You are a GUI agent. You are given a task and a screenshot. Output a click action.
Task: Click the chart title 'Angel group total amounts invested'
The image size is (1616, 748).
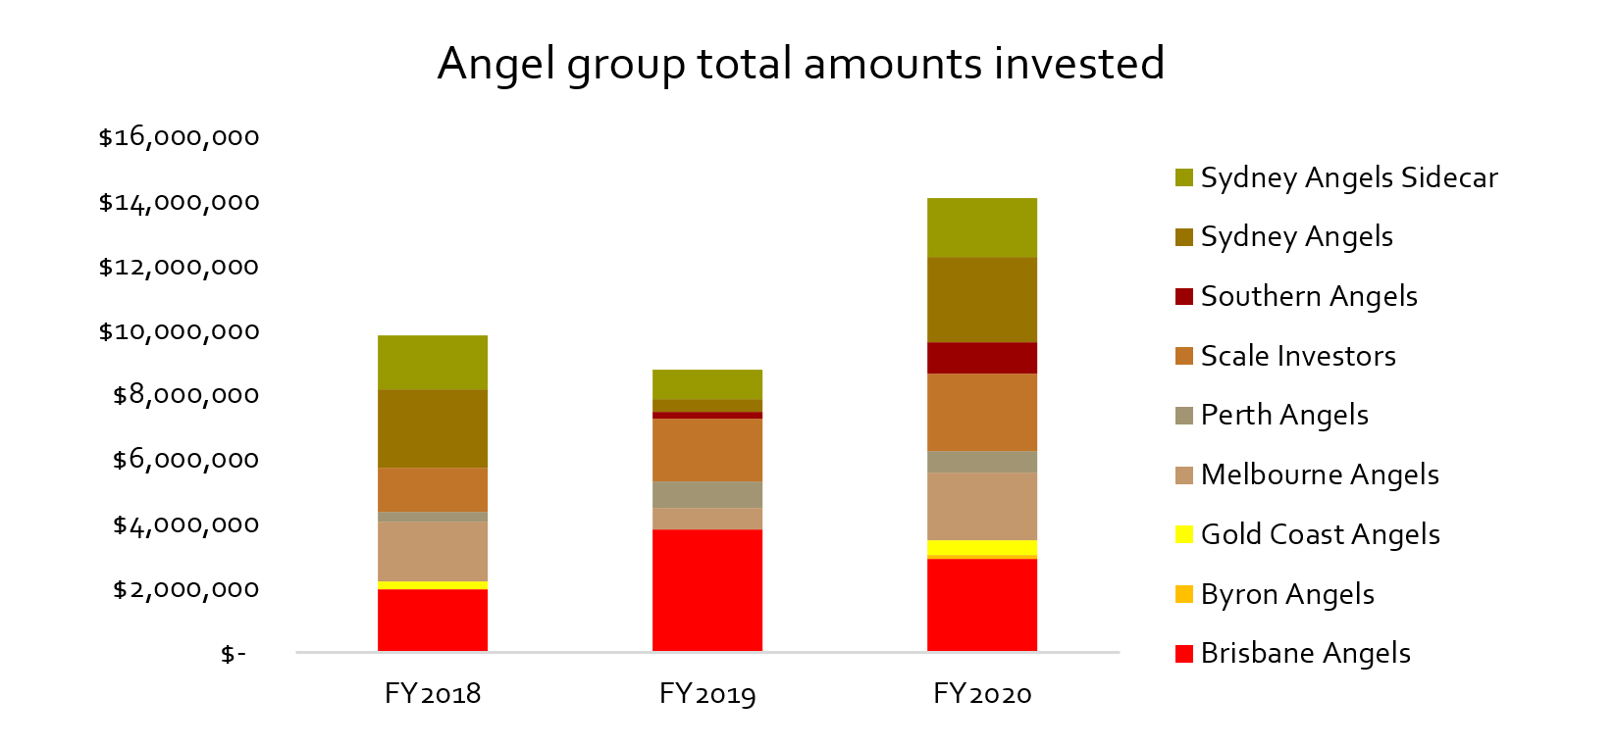(x=801, y=64)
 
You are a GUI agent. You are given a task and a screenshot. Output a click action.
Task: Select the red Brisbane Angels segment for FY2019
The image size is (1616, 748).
(x=706, y=589)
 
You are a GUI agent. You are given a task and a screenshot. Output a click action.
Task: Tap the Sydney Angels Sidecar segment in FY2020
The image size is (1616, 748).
(x=981, y=227)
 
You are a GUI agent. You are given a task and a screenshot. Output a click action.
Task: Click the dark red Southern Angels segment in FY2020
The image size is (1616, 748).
(x=981, y=358)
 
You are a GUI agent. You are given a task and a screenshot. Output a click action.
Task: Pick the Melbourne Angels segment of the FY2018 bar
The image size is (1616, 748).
(x=432, y=551)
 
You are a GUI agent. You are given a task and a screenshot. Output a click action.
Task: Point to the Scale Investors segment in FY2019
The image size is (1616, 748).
(x=706, y=450)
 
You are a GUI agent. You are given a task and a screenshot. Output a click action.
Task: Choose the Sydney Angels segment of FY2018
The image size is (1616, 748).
(x=432, y=428)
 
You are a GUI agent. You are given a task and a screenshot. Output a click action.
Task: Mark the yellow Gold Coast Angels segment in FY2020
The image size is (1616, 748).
(x=981, y=547)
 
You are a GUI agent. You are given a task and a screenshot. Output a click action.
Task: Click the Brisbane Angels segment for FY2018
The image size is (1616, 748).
(x=432, y=620)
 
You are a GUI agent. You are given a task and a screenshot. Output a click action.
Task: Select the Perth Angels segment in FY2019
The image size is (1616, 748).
(x=706, y=494)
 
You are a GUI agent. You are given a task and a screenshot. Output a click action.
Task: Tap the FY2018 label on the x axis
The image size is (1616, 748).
(x=432, y=694)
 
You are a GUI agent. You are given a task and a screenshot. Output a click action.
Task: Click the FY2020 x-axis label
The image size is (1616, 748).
(x=981, y=694)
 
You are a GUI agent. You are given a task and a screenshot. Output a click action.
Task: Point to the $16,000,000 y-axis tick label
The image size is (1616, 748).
(x=179, y=137)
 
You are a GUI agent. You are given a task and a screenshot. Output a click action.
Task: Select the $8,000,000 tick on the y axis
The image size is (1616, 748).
(x=185, y=395)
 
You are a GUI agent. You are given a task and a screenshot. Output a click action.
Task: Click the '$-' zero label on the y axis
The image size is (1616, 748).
(x=233, y=654)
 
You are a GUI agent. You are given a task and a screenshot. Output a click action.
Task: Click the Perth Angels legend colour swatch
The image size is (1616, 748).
(x=1184, y=416)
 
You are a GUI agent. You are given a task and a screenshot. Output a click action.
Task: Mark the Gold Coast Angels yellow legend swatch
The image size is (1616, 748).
(x=1184, y=534)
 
